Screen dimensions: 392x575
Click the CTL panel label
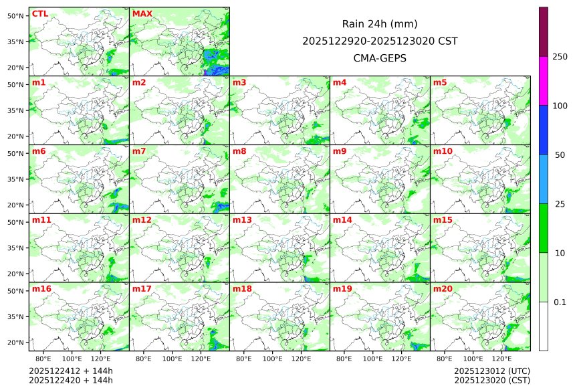coord(40,14)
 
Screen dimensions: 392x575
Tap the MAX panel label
coord(142,14)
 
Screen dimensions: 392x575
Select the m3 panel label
coord(239,83)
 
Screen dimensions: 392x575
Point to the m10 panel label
coord(443,152)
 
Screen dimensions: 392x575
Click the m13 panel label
coord(242,220)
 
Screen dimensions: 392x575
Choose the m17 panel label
coord(142,289)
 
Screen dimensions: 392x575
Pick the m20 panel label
coord(443,289)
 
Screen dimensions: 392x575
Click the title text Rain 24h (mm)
coord(380,24)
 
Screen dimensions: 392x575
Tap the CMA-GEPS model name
coord(380,58)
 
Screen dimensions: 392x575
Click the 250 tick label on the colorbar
coord(560,57)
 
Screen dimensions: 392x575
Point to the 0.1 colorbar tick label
coord(560,302)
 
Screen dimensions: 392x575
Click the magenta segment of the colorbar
coord(544,80)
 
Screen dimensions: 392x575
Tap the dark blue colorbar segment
coord(544,130)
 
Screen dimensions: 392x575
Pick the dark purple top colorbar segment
coord(544,31)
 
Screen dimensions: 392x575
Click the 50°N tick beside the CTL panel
coord(17,15)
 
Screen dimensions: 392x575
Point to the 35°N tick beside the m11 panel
coord(17,248)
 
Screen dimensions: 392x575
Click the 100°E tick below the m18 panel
coord(273,359)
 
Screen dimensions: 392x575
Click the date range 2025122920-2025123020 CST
coord(380,41)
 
